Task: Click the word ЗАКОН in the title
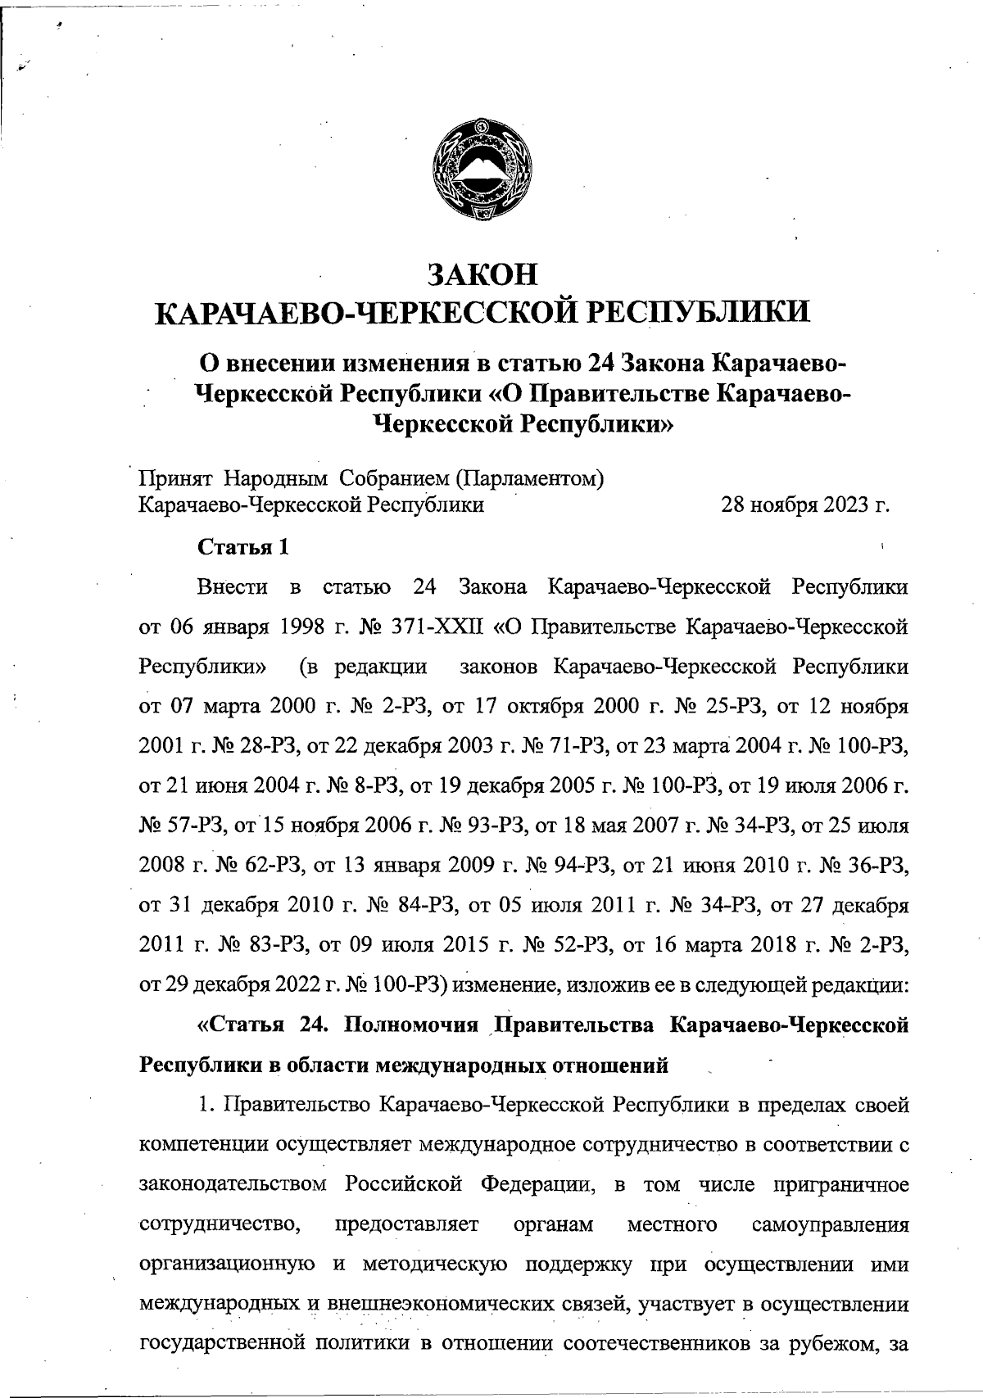(483, 274)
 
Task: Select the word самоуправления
(830, 1225)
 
